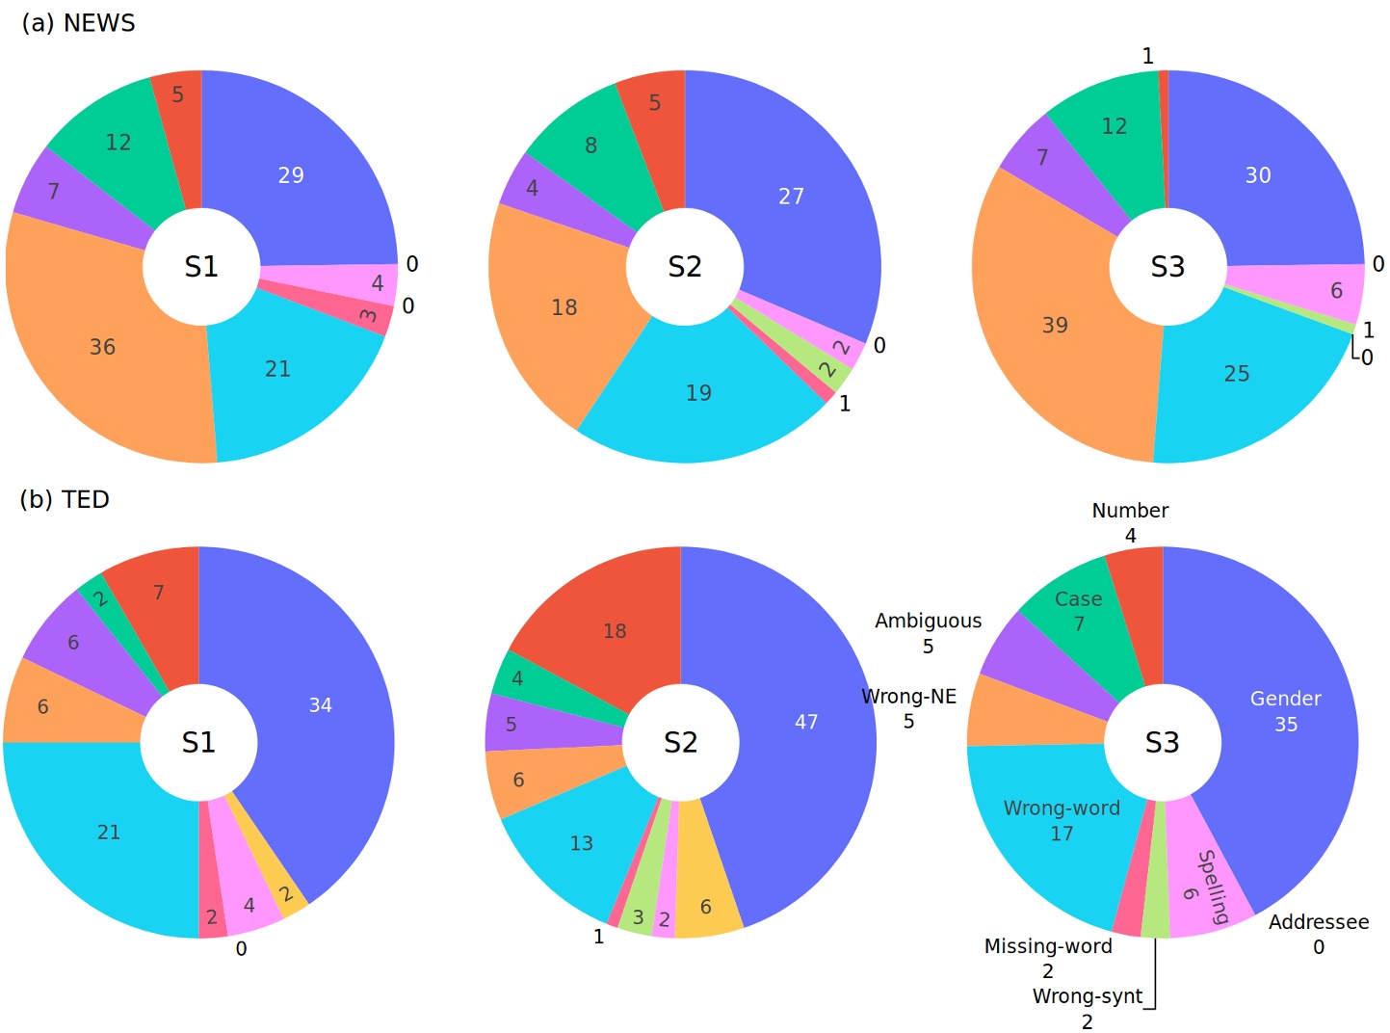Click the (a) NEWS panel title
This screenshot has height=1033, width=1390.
pos(78,23)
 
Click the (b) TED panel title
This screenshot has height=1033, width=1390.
pos(65,499)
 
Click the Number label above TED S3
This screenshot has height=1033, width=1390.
pos(1130,511)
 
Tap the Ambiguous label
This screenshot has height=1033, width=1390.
pos(928,622)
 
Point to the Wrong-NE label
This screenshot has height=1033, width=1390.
pos(908,697)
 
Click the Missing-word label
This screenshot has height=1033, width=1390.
pos(1048,946)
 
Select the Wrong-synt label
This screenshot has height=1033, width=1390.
pos(1087,996)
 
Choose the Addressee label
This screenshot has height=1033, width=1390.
pos(1318,922)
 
